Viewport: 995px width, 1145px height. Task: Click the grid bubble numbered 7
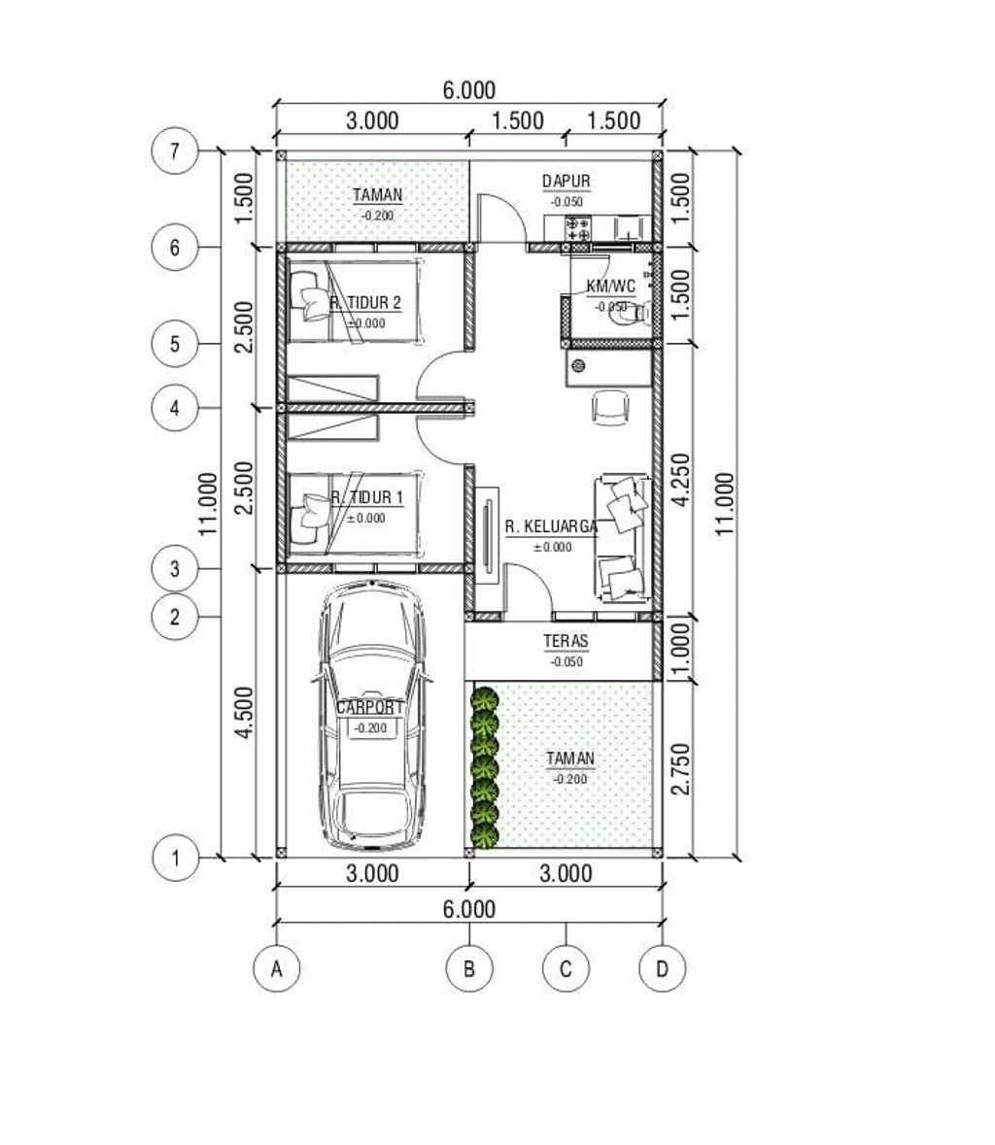click(x=175, y=152)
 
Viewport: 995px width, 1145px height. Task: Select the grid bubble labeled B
click(x=469, y=969)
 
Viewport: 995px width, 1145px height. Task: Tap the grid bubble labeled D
click(x=662, y=969)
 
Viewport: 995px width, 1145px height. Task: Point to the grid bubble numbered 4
click(x=175, y=408)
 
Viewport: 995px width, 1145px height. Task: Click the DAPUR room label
click(x=566, y=181)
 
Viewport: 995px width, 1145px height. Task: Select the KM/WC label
click(x=611, y=286)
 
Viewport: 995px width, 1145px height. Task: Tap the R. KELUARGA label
click(x=552, y=526)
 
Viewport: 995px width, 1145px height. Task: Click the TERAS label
click(x=566, y=641)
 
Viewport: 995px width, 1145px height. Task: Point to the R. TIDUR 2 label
click(x=365, y=302)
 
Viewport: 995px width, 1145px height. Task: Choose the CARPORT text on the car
click(x=369, y=707)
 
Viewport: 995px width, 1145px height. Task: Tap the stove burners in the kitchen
click(x=578, y=228)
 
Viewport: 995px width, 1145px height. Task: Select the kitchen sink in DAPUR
click(x=629, y=228)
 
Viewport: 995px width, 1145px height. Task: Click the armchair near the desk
click(x=610, y=408)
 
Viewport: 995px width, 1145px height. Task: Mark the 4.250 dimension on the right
click(x=680, y=480)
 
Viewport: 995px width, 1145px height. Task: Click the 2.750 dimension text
click(x=680, y=769)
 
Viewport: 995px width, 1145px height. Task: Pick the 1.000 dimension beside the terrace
click(x=680, y=649)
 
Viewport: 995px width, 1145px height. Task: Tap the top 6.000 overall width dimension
click(x=469, y=89)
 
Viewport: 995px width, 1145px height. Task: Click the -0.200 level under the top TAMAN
click(x=377, y=216)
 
